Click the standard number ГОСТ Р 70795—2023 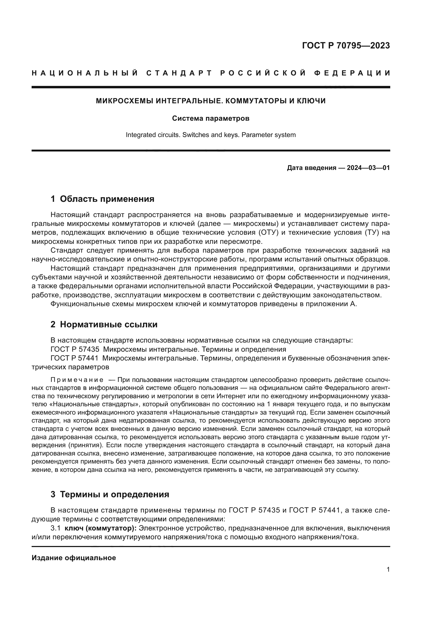346,45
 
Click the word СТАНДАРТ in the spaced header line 179,73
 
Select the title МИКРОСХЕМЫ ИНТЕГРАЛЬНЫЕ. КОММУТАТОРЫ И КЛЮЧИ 211,101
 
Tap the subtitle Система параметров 211,119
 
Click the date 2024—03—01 368,168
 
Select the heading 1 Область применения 103,199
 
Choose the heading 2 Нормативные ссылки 104,324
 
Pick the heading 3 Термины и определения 110,494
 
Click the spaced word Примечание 77,380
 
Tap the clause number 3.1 55,528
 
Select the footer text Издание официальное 74,558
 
